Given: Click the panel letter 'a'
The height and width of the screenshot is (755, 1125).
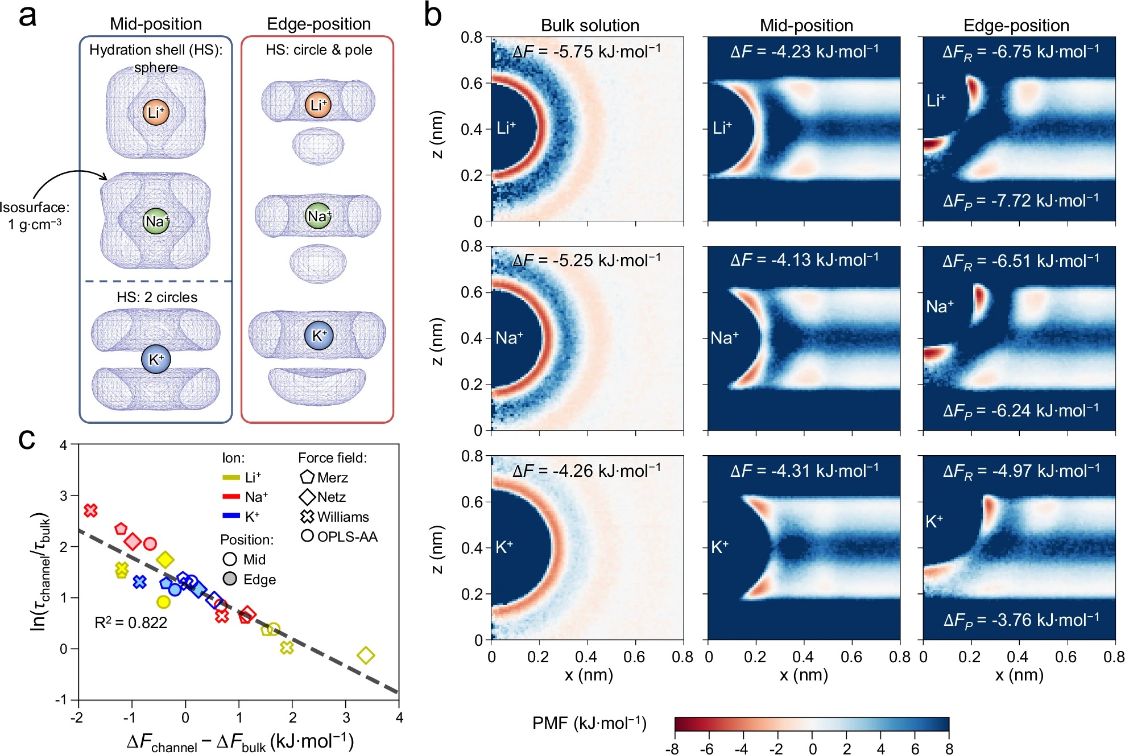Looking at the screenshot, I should click(27, 16).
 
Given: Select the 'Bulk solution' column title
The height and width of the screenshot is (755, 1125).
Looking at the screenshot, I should click(590, 26).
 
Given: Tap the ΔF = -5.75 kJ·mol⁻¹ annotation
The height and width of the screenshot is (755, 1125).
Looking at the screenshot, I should click(586, 52).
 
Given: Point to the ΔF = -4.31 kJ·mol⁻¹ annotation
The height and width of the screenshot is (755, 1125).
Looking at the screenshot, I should click(804, 471).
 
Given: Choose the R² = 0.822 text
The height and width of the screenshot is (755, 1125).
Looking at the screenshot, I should click(131, 622).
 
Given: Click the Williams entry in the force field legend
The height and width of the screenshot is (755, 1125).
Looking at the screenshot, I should click(336, 517).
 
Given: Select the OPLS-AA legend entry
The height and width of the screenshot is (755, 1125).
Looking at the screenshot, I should click(340, 537).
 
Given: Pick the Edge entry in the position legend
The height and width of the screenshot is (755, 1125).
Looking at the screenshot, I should click(250, 579).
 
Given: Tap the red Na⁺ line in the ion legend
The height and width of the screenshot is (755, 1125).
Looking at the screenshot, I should click(231, 497).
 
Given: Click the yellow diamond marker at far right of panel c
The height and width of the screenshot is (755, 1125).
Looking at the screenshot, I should click(366, 655).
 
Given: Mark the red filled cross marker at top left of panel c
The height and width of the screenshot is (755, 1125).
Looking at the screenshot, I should click(90, 510).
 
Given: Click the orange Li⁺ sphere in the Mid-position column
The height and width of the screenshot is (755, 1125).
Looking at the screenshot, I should click(156, 112).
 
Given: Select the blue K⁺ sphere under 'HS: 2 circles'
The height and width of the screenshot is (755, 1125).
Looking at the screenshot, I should click(156, 359).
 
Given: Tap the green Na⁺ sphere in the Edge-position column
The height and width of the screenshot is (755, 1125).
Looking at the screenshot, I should click(318, 216).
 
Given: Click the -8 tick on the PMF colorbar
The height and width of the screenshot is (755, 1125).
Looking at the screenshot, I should click(672, 749).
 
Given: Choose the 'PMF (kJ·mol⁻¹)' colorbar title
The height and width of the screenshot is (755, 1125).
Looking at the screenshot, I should click(589, 723).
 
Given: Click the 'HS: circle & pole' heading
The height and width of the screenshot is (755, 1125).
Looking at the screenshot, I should click(319, 50).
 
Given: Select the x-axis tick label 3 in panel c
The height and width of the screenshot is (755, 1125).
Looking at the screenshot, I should click(346, 717).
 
